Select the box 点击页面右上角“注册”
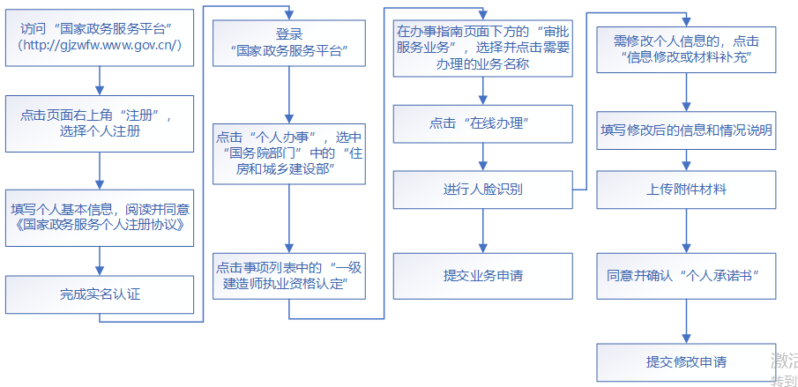[100, 123]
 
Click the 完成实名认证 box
[100, 294]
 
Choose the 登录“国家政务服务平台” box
[289, 44]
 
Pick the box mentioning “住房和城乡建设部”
[289, 153]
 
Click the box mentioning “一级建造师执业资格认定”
[289, 275]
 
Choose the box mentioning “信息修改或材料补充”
[686, 49]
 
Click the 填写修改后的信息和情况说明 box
[686, 130]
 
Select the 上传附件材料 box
[686, 189]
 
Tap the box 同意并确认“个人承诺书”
[686, 275]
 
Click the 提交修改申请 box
[686, 361]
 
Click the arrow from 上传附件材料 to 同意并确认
[686, 231]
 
